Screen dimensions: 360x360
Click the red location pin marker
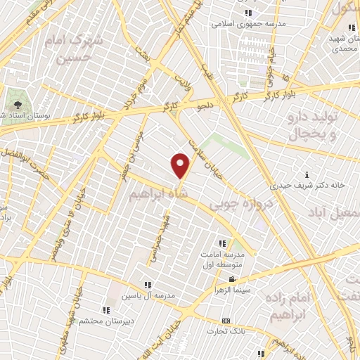(x=181, y=165)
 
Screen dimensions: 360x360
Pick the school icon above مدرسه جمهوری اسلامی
(x=248, y=13)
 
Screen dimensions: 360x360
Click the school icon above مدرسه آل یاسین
(x=148, y=284)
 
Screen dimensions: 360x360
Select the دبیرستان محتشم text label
(x=105, y=321)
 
